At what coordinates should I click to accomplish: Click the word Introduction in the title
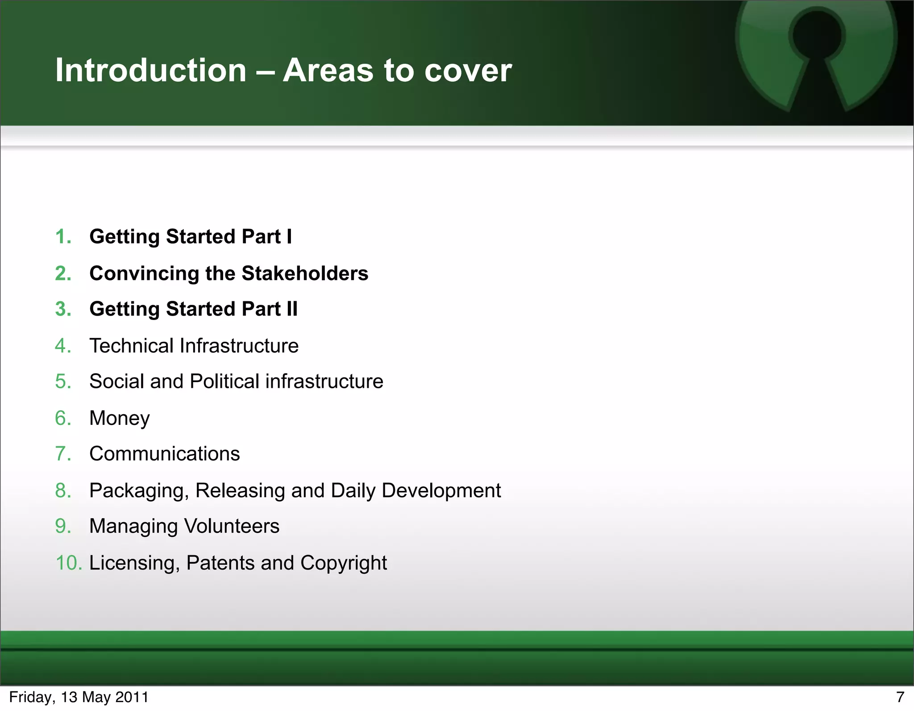click(151, 71)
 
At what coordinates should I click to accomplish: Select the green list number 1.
click(63, 237)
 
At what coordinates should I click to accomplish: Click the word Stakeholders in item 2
click(305, 273)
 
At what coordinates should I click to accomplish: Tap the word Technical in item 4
click(131, 345)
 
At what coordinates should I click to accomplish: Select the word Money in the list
click(120, 418)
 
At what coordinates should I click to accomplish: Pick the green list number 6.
click(63, 418)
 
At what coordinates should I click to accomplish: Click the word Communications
click(165, 454)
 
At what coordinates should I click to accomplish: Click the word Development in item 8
click(441, 491)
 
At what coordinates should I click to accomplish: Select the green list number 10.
click(68, 563)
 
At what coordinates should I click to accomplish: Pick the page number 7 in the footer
click(900, 697)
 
